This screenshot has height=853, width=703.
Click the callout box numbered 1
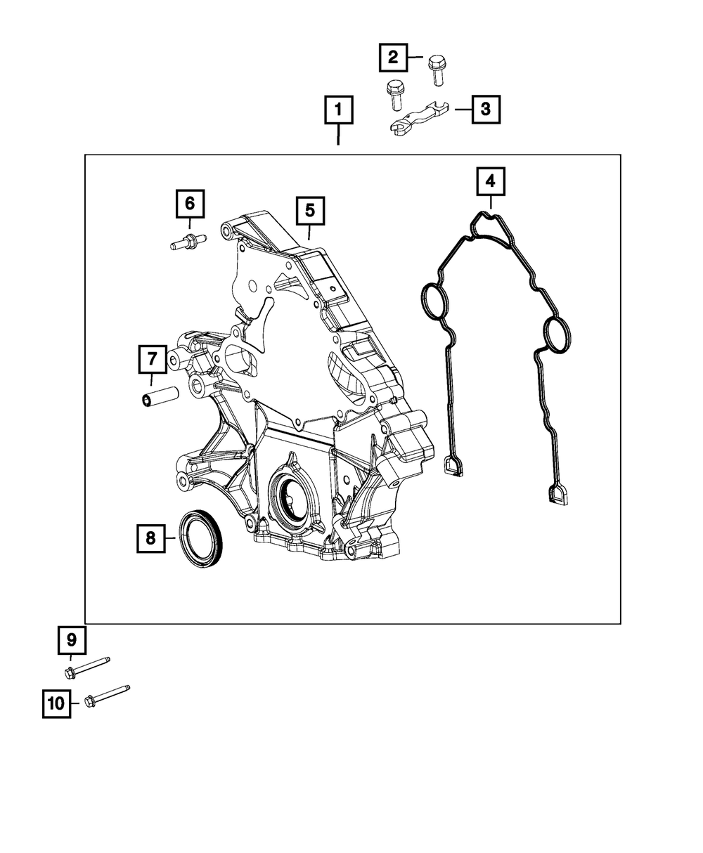[338, 110]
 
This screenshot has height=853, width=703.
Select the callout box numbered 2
[393, 57]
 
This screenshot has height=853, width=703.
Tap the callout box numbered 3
[486, 110]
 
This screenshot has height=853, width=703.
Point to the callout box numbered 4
[490, 181]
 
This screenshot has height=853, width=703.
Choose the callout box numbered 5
[311, 210]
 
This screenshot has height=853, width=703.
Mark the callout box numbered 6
[189, 204]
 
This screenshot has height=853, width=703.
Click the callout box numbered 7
[152, 360]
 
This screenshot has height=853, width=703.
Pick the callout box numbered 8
[150, 539]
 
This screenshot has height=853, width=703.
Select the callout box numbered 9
[71, 640]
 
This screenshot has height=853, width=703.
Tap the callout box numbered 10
[57, 702]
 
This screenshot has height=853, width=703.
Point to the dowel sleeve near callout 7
[160, 396]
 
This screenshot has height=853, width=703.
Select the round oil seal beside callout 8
[202, 538]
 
